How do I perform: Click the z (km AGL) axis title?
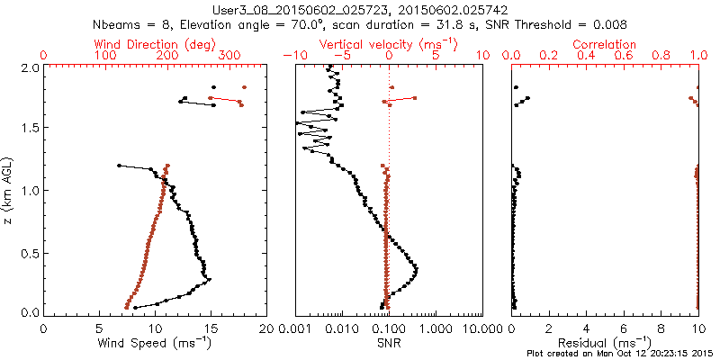[x=9, y=189]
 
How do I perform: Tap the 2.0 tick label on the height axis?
[x=29, y=67]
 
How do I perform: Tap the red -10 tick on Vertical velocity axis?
[x=293, y=56]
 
